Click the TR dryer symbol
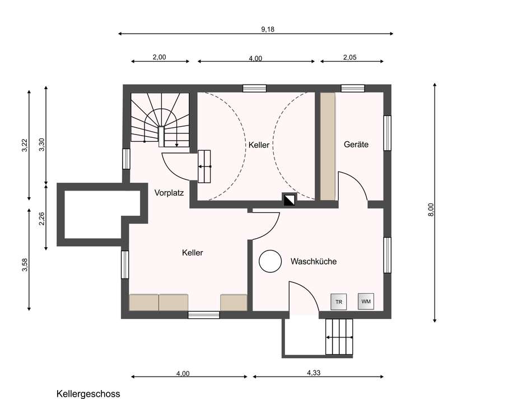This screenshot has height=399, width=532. click(x=339, y=302)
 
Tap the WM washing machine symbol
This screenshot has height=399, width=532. click(x=366, y=301)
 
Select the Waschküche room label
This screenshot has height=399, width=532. click(x=314, y=262)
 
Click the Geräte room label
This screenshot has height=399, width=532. click(x=356, y=145)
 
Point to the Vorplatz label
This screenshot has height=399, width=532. click(x=169, y=193)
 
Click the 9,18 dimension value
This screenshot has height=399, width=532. click(x=267, y=29)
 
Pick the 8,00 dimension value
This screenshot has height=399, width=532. click(x=431, y=210)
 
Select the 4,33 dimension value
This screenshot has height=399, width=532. click(x=314, y=373)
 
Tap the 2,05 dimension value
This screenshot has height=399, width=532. click(x=349, y=57)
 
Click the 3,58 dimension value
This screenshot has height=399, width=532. click(x=25, y=265)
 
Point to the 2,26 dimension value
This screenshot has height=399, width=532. click(x=42, y=219)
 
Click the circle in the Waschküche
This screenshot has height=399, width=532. click(x=270, y=261)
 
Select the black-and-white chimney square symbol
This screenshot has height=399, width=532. click(x=289, y=199)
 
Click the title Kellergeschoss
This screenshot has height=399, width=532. click(x=88, y=394)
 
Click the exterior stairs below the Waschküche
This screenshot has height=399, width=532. click(x=339, y=337)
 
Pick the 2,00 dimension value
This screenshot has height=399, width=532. click(x=159, y=57)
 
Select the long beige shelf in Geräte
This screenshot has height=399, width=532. click(x=328, y=146)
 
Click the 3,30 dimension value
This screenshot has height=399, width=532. click(x=42, y=145)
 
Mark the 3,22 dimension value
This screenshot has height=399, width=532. click(x=25, y=145)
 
